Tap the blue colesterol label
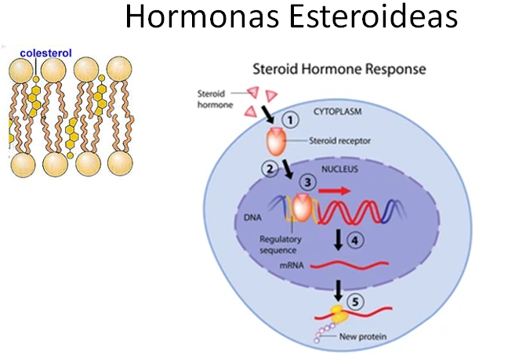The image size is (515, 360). point(45,53)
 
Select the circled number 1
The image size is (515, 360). point(290,120)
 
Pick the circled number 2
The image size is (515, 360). point(270,169)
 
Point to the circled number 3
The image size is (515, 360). point(308,182)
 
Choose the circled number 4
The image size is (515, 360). point(355,241)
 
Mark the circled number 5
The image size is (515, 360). point(355,302)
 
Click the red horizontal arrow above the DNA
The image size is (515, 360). point(335,191)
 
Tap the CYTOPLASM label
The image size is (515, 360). point(337,112)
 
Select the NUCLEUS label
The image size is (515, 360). point(339,169)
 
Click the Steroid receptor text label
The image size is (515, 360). point(339,140)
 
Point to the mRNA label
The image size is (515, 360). point(292,265)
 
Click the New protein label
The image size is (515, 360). point(363,336)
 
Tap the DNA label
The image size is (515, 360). point(252,217)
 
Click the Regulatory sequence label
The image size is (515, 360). point(280,245)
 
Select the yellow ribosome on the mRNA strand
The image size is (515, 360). point(339,314)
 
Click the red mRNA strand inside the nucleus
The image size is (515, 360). point(350,264)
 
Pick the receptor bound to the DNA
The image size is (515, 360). point(302,208)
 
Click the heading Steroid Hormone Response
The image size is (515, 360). point(339,69)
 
